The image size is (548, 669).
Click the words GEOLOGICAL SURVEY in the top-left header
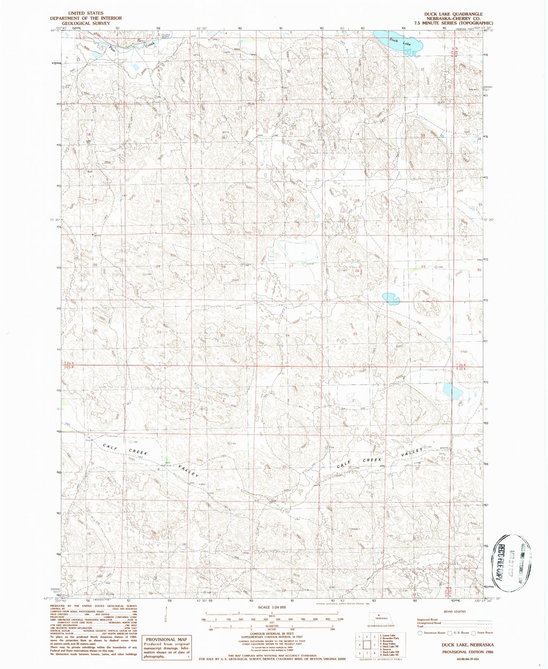coord(86,23)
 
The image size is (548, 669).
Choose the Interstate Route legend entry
coord(432,633)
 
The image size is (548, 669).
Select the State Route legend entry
coord(485,633)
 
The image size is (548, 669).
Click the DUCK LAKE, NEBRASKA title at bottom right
coord(467,645)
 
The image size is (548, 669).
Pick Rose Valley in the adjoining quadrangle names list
coord(389,644)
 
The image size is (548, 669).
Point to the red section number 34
coord(287,336)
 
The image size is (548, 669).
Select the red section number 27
coord(291,266)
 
